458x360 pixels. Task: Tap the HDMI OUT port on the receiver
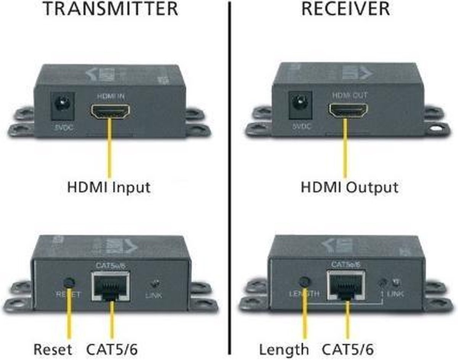pos(348,110)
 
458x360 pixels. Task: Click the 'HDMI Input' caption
pos(109,188)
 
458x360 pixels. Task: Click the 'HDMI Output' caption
pos(349,188)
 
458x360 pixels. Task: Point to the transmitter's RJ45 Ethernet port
pos(110,286)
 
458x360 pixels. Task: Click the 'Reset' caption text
pos(53,349)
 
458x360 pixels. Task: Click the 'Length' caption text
pos(284,349)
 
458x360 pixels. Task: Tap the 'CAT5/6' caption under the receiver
pos(348,349)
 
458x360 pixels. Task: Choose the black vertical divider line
pos(230,179)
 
